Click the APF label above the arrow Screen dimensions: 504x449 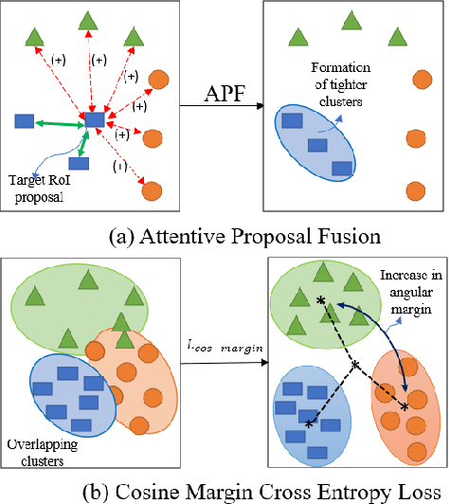pyautogui.click(x=226, y=94)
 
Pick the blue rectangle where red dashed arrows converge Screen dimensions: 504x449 pyautogui.click(x=96, y=119)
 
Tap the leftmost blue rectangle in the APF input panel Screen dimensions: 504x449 pyautogui.click(x=26, y=120)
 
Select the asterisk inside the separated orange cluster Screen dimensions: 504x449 pyautogui.click(x=405, y=405)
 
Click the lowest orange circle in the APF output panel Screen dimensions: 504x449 pyautogui.click(x=414, y=190)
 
